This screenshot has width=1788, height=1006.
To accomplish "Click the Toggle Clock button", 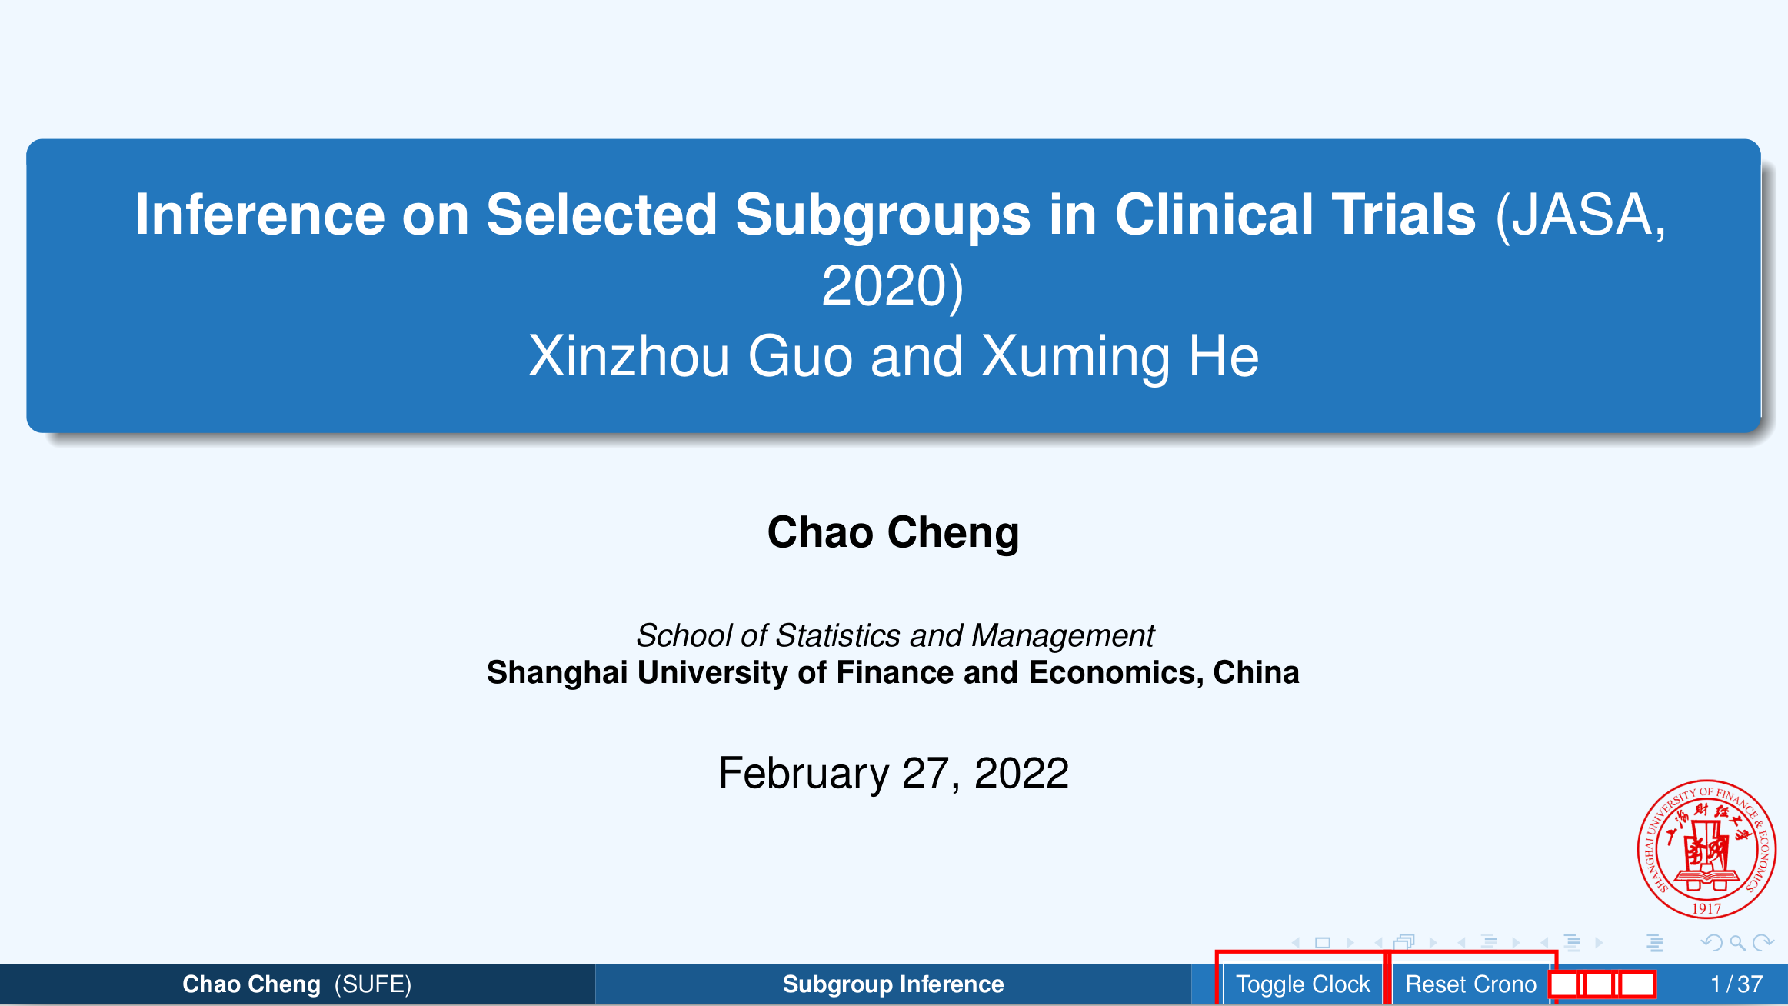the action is point(1302,984).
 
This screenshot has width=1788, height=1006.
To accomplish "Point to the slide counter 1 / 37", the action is point(1736,984).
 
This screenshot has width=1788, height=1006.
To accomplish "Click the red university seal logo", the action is point(1706,849).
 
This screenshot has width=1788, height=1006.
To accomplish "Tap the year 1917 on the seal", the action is point(1706,908).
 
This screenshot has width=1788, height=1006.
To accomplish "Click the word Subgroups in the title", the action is point(883,216).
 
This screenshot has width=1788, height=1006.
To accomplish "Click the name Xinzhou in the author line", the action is point(628,356).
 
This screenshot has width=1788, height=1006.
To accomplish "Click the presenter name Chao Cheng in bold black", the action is point(894,532).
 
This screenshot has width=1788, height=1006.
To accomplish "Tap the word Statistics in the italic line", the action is point(837,635).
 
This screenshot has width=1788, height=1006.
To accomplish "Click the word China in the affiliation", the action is point(1256,672).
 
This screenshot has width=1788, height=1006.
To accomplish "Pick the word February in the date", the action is point(804,773).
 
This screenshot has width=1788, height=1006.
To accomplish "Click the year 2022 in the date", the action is point(1021,773).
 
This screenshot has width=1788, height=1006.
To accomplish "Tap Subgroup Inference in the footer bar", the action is point(893,984).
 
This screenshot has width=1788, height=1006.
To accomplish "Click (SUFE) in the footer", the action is point(373,984).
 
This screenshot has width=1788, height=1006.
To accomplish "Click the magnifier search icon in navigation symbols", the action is point(1737,943).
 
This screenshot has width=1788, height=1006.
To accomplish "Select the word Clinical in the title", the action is point(1214,215).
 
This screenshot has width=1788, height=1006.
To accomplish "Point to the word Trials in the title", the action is point(1403,215).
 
